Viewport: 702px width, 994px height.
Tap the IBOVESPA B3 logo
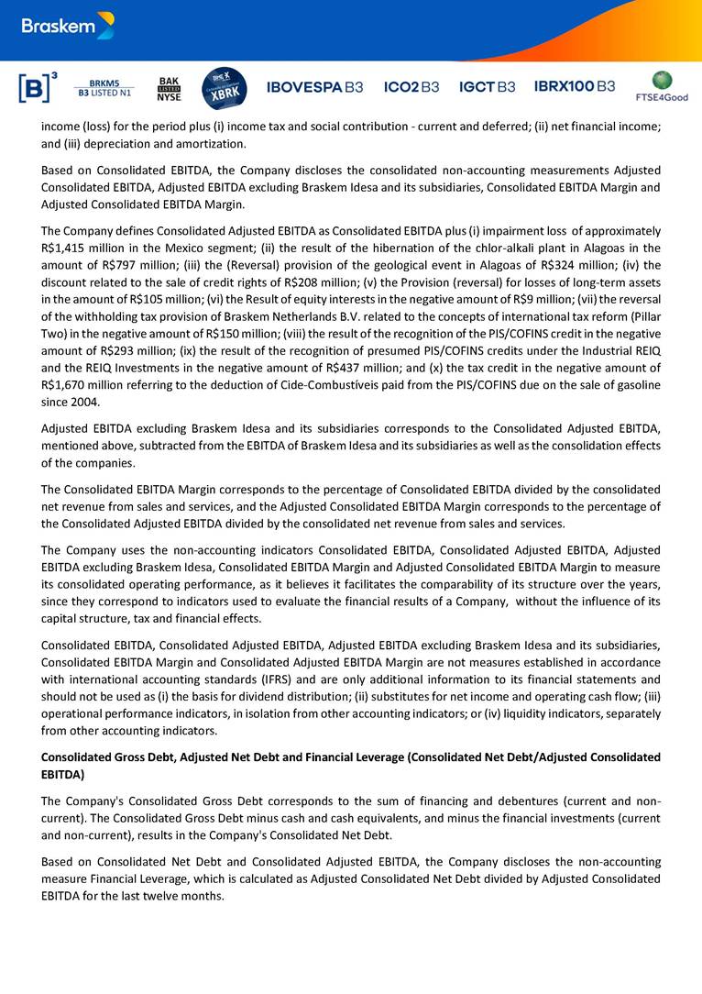pyautogui.click(x=314, y=87)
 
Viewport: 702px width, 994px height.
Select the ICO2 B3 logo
pyautogui.click(x=411, y=87)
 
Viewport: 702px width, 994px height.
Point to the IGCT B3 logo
pyautogui.click(x=487, y=87)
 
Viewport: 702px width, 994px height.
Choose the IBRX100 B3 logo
pyautogui.click(x=575, y=87)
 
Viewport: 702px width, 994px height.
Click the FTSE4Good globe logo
pyautogui.click(x=662, y=84)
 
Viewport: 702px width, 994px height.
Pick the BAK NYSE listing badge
pyautogui.click(x=170, y=88)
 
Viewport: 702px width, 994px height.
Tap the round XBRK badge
pyautogui.click(x=224, y=87)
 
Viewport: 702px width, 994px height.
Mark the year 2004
pyautogui.click(x=80, y=402)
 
